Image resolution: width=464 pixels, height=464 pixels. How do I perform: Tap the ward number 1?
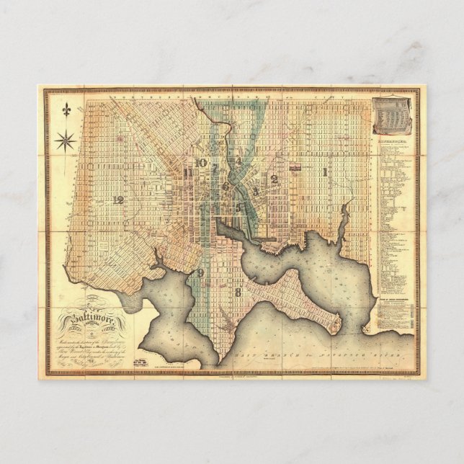coord(325,171)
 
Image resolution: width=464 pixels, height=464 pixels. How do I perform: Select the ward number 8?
coord(237,292)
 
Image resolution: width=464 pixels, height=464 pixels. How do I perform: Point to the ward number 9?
coord(199,272)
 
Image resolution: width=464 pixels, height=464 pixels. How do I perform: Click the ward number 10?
coord(200,163)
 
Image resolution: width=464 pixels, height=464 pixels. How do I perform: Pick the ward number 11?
coord(188,173)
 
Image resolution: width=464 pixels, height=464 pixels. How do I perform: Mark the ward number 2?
coord(274,178)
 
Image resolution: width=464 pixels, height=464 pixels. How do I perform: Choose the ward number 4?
coord(238,160)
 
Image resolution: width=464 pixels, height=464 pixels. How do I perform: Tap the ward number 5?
coord(238,208)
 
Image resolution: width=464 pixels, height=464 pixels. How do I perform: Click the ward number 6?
coord(225,186)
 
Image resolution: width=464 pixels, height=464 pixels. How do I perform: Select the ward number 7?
coord(214,168)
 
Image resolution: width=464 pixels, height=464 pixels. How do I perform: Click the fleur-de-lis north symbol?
coord(67,111)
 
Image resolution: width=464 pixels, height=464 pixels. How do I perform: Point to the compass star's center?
coord(67,139)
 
